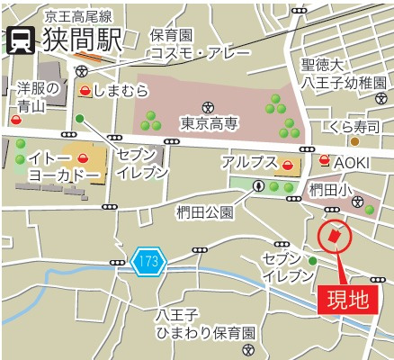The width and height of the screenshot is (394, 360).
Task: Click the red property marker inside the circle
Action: [335, 236]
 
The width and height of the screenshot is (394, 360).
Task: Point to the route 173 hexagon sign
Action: [148, 262]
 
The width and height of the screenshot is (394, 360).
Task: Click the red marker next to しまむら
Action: [85, 91]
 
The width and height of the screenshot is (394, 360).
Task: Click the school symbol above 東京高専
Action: [209, 106]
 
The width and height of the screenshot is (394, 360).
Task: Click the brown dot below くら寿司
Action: [354, 141]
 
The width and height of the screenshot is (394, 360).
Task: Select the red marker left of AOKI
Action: [324, 160]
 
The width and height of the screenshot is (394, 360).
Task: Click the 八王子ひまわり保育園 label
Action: [204, 324]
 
